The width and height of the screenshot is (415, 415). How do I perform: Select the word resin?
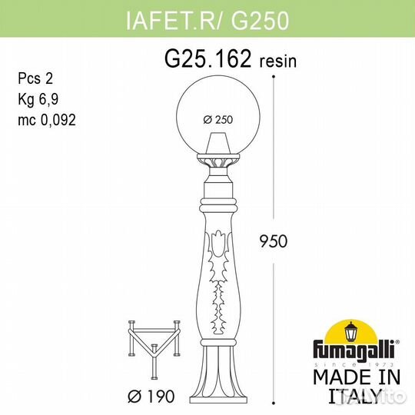(x=275, y=61)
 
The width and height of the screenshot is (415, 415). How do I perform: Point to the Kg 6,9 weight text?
(x=39, y=99)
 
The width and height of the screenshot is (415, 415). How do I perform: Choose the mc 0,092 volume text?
(x=48, y=119)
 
